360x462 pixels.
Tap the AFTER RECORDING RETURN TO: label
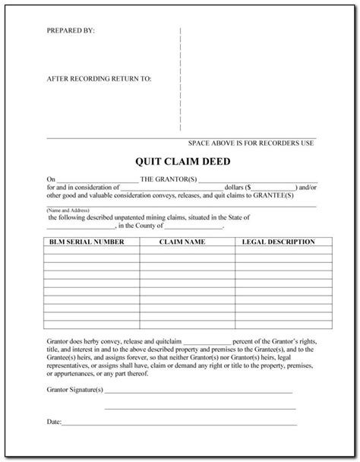tap(99, 78)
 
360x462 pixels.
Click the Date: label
tap(53, 419)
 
